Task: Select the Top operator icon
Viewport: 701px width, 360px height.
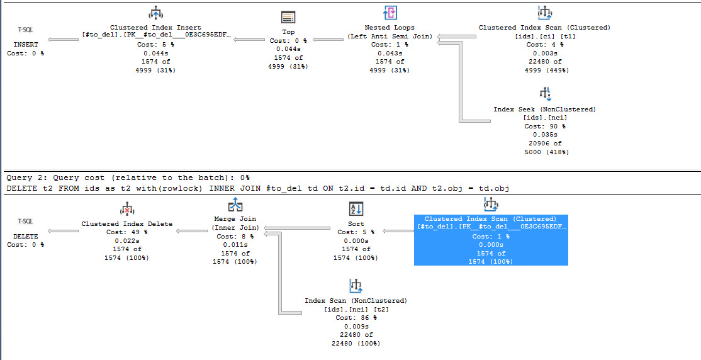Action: [288, 18]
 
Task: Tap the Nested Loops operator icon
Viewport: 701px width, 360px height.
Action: [390, 13]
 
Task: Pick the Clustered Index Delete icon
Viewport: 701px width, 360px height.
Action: [127, 210]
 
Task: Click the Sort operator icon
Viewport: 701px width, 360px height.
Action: [356, 210]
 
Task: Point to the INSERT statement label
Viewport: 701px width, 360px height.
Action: [25, 45]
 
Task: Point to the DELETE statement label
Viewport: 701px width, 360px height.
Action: [25, 236]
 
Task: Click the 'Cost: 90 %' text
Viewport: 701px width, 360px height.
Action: [544, 127]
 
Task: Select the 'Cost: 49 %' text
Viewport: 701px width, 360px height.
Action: [126, 232]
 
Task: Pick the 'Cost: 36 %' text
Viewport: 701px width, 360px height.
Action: [356, 317]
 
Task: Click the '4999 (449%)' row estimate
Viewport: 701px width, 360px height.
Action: [544, 70]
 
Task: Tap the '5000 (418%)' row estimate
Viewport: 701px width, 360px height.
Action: [544, 152]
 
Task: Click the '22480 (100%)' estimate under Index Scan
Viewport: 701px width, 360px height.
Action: [356, 344]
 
